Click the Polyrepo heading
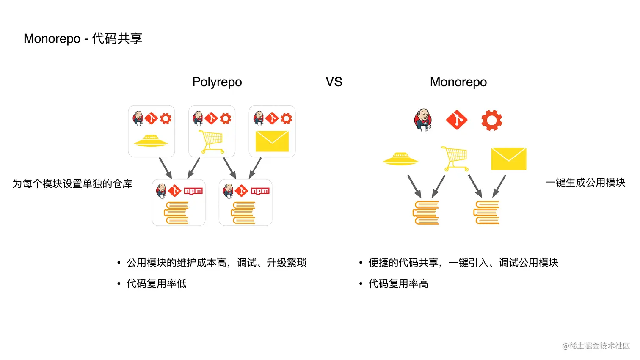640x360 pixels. [217, 82]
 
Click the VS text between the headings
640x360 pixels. [334, 82]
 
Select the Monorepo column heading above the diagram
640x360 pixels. [458, 82]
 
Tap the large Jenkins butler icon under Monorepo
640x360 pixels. [423, 120]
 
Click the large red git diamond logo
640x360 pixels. [457, 120]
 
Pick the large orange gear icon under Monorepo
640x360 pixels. [491, 120]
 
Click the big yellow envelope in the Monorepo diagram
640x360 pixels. [508, 159]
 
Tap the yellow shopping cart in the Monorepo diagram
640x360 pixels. [455, 158]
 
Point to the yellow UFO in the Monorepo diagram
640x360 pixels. [400, 159]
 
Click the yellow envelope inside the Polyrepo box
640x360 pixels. [272, 141]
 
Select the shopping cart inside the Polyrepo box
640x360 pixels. [211, 142]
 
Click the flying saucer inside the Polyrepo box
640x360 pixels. [151, 141]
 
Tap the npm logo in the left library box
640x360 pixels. [193, 191]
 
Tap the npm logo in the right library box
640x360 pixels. [260, 191]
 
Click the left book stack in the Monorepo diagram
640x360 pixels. [426, 212]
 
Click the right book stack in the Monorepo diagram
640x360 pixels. [487, 212]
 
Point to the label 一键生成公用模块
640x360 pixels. [585, 183]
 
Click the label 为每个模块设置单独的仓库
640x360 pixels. [72, 184]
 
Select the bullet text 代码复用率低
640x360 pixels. [157, 283]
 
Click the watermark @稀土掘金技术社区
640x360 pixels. [596, 346]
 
